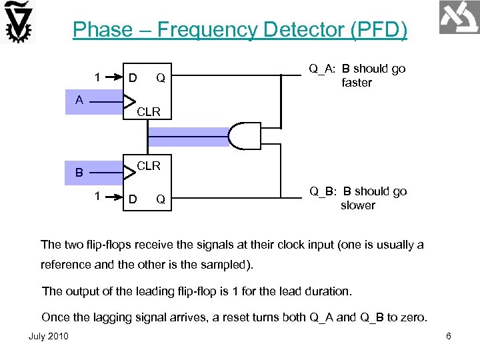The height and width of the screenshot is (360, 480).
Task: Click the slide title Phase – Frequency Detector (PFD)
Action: [x=239, y=30]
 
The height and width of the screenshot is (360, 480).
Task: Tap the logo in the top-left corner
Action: [x=19, y=22]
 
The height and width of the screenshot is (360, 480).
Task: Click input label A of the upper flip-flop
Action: [x=79, y=101]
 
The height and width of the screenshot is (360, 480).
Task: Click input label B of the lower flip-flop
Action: [x=79, y=173]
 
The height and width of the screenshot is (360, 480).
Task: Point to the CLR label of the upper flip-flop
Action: [x=149, y=112]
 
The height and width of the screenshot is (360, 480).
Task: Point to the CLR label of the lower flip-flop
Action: [x=149, y=165]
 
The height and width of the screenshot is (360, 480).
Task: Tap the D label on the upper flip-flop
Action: [x=133, y=79]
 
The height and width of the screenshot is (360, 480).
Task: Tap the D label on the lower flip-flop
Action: [x=133, y=199]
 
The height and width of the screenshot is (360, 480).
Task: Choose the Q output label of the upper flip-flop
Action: [x=161, y=79]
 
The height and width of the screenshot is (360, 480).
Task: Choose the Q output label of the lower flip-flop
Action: [x=161, y=199]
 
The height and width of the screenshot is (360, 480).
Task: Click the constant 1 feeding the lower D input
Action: [x=98, y=197]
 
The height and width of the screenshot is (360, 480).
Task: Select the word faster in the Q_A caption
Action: [x=357, y=83]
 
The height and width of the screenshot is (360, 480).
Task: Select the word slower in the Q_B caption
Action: [x=358, y=205]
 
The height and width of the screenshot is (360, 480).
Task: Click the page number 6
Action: [x=449, y=336]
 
